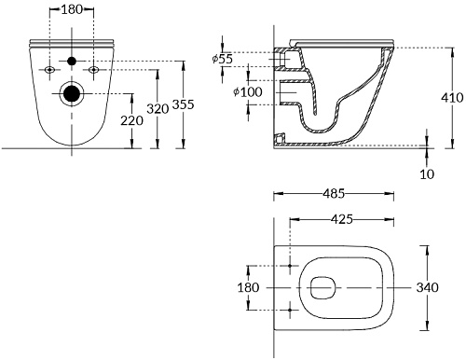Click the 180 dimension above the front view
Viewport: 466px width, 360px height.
(x=72, y=9)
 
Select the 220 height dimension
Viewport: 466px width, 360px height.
(x=131, y=120)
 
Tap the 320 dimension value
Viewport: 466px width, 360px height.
(x=158, y=109)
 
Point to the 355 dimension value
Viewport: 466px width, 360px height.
(x=184, y=104)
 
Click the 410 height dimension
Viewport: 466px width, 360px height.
(x=452, y=98)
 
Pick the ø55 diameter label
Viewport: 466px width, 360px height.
(x=223, y=59)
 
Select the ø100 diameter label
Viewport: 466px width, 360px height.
(x=248, y=92)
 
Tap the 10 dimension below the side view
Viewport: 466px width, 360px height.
(x=427, y=174)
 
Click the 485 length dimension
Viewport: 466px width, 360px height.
(x=334, y=194)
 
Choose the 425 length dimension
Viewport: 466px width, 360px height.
(x=342, y=219)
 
